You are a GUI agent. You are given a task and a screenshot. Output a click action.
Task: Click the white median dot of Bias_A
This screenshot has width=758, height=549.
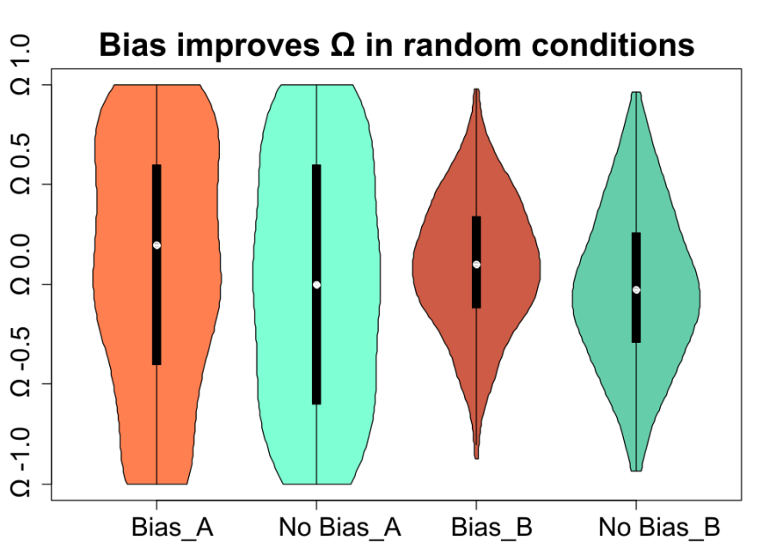point(156,246)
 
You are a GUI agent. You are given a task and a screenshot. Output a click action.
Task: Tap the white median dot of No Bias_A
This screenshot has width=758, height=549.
point(316,285)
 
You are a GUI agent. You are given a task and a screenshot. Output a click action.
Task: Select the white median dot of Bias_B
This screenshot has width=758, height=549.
point(477,265)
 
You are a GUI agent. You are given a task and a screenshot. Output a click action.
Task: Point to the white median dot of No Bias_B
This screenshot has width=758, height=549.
point(636,290)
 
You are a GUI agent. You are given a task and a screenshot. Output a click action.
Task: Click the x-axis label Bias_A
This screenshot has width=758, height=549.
point(172,528)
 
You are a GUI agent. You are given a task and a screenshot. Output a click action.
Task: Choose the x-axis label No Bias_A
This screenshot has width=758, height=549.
point(339,528)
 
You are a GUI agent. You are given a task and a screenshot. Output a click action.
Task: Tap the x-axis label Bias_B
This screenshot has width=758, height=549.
point(492,528)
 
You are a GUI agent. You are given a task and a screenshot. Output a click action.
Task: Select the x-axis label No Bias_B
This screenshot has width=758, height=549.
point(659,528)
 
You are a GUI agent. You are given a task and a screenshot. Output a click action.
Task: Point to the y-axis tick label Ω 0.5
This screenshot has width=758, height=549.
point(21,164)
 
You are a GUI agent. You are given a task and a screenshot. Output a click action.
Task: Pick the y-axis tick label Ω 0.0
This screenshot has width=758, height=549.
point(21,265)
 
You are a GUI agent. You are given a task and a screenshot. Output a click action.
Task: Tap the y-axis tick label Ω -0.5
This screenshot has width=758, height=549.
point(21,361)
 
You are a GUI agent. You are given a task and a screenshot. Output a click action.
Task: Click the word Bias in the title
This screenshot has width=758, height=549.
point(132,45)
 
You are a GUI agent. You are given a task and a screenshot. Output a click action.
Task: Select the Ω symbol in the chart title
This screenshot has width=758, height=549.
point(342,45)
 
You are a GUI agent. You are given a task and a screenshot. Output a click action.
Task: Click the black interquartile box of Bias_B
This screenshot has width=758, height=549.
point(477,262)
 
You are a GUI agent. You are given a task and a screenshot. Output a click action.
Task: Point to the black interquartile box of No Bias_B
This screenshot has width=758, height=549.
point(636,288)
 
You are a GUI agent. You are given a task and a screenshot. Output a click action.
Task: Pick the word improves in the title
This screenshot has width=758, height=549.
point(248,46)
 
